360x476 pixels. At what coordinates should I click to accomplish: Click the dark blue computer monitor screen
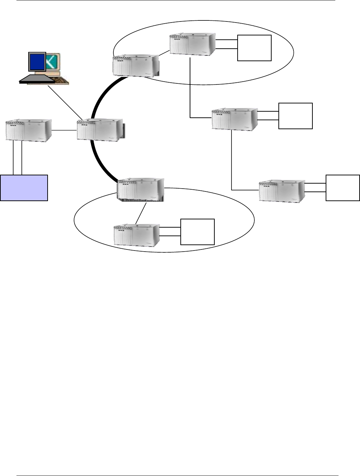click(37, 62)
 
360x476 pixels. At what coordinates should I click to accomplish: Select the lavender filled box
click(24, 188)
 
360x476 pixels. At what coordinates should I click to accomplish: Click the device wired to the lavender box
click(29, 130)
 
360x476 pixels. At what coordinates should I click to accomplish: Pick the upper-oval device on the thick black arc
click(136, 65)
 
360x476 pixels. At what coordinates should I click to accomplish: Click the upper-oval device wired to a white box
click(193, 44)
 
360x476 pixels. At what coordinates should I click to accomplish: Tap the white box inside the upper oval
click(254, 48)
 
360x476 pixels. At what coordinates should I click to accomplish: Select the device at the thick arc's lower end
click(141, 190)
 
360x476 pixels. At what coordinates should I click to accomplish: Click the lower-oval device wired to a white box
click(136, 235)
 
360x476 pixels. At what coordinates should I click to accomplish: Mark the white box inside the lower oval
click(198, 232)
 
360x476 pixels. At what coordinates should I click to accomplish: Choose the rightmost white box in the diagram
click(342, 188)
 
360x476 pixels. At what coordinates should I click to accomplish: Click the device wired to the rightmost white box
click(282, 191)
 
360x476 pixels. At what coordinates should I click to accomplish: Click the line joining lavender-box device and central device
click(64, 130)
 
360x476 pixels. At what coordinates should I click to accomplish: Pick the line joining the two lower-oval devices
click(141, 214)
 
